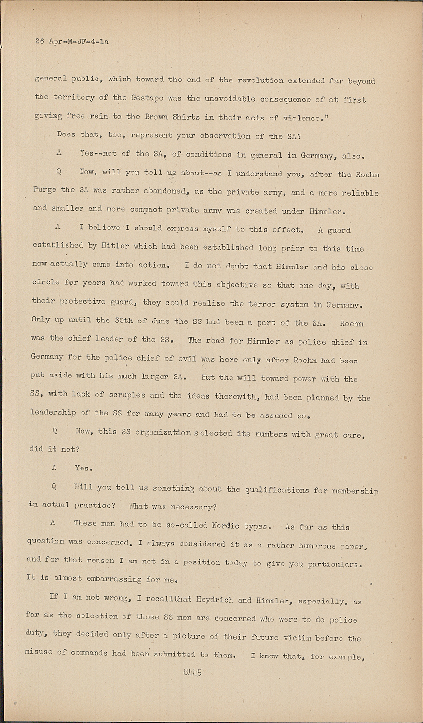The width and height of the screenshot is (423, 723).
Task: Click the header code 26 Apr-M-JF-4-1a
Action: [x=72, y=41]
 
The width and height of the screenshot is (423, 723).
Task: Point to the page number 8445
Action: [x=192, y=672]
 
